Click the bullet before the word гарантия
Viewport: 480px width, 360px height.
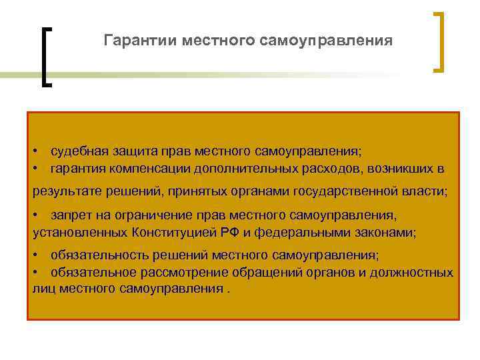pos(36,169)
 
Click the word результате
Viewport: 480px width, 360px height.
pos(63,191)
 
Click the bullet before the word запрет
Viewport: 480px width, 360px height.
pos(36,216)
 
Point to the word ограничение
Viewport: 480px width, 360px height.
pos(152,216)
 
